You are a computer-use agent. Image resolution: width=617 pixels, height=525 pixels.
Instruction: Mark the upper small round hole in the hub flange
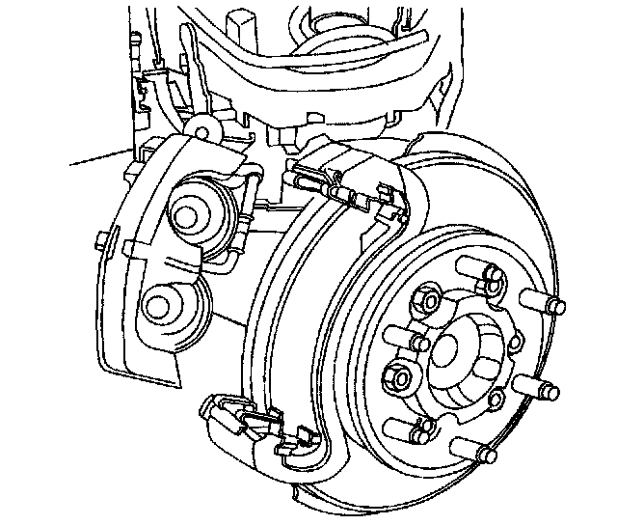click(512, 341)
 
